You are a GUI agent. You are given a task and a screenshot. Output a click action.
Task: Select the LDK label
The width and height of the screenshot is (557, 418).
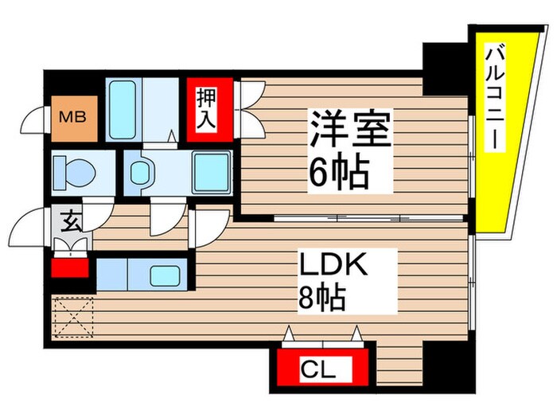pyautogui.click(x=333, y=265)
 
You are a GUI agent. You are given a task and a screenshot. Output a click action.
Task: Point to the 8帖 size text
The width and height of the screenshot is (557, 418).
pyautogui.click(x=322, y=299)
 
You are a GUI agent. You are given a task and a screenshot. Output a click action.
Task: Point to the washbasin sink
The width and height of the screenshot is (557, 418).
pyautogui.click(x=142, y=172)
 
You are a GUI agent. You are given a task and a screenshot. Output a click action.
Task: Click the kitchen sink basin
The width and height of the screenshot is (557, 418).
pyautogui.click(x=166, y=276)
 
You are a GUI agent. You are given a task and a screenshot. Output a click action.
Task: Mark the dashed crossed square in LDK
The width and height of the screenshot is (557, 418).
pyautogui.click(x=72, y=318)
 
